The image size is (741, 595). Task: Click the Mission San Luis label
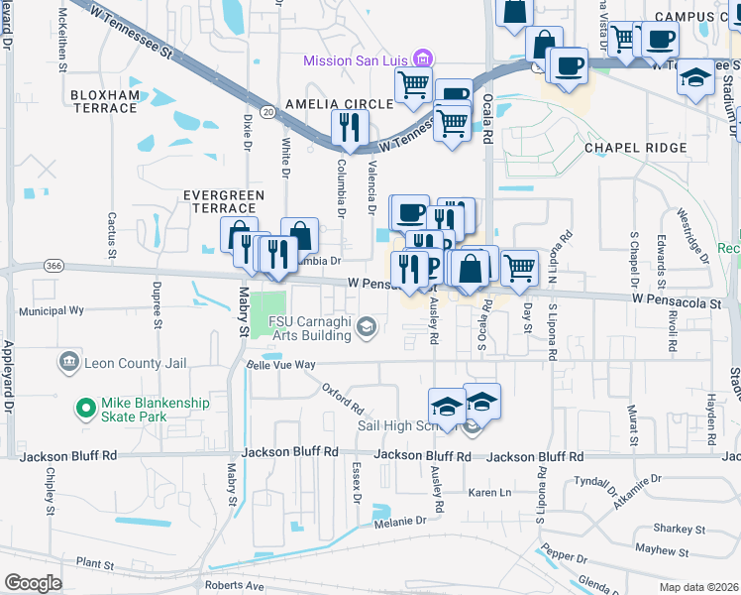click(355, 60)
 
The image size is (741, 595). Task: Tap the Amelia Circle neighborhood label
click(338, 104)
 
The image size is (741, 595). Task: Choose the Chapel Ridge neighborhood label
click(635, 148)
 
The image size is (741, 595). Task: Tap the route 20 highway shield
click(268, 113)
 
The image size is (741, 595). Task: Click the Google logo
click(33, 583)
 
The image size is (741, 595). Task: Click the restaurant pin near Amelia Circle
click(349, 127)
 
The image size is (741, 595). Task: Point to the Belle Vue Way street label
click(280, 365)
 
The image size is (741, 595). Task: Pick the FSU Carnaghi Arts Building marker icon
click(367, 327)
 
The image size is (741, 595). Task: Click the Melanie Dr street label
click(399, 520)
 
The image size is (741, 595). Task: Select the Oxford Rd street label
click(343, 400)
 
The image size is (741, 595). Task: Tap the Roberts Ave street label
click(234, 586)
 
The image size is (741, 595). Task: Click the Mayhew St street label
click(662, 549)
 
